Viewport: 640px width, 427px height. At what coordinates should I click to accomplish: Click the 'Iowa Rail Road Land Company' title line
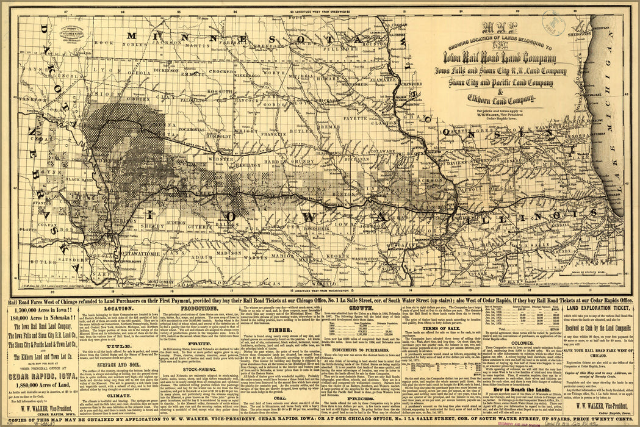click(x=495, y=59)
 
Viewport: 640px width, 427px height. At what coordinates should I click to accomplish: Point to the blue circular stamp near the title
click(x=553, y=23)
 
